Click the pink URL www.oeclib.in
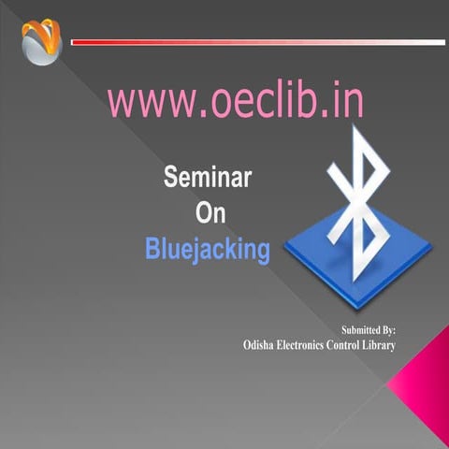coord(235,101)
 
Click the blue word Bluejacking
coord(208,249)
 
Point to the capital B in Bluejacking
coord(153,249)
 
